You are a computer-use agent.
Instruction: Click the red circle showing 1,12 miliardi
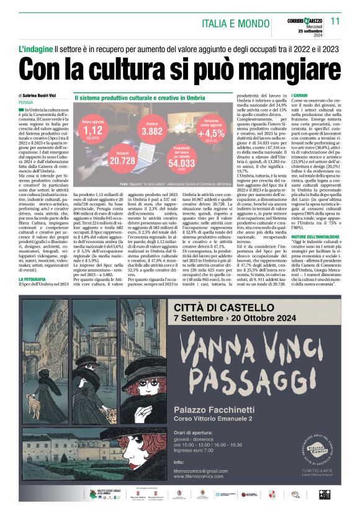[x=92, y=130]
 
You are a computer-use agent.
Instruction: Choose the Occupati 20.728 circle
[x=123, y=158]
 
